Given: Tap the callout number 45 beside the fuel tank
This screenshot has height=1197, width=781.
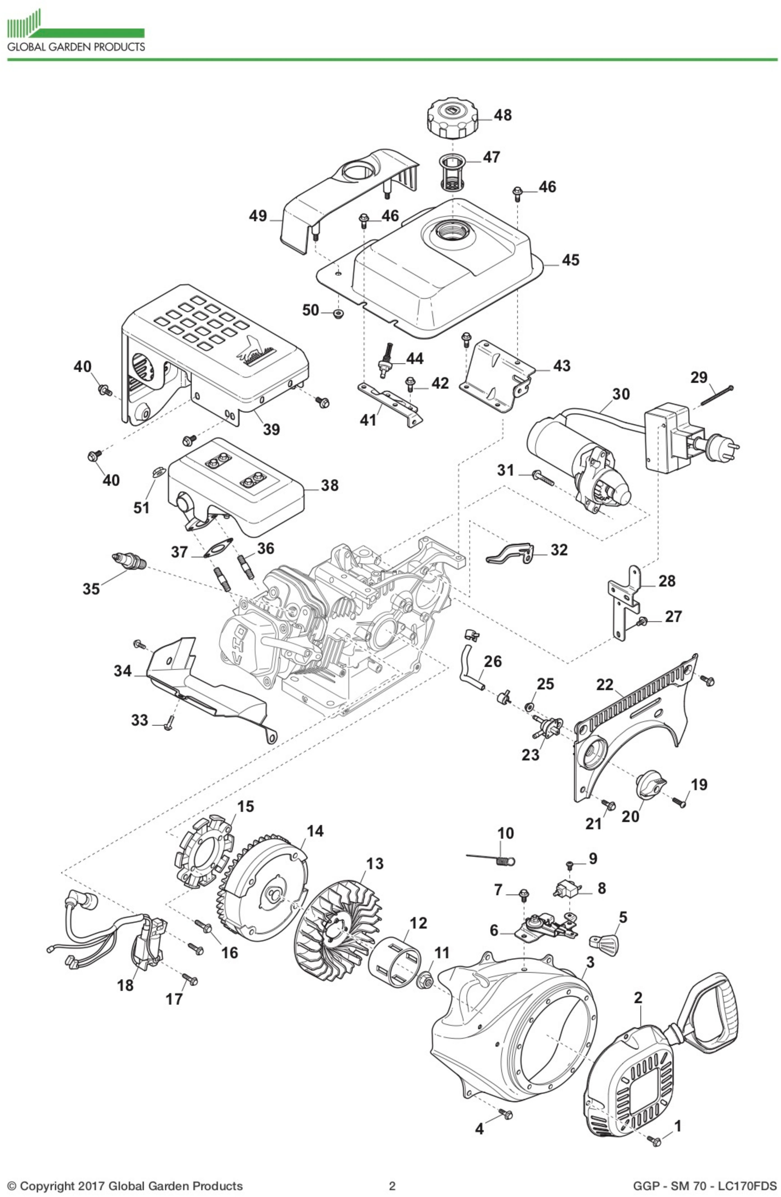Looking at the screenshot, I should (x=570, y=260).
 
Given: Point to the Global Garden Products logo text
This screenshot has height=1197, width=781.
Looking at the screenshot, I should (x=75, y=47).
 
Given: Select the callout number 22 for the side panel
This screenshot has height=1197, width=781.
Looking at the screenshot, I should (x=605, y=685).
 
